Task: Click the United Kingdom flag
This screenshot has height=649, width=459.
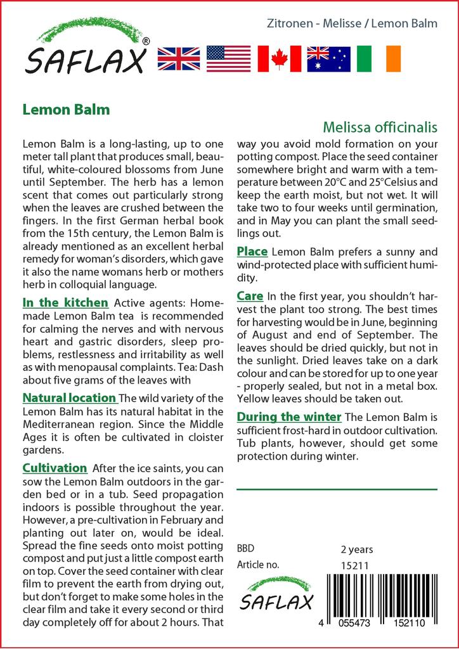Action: point(179,59)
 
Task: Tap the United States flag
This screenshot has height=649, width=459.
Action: point(228,59)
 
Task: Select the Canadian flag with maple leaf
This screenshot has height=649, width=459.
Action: point(279,59)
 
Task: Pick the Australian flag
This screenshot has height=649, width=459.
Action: point(328,59)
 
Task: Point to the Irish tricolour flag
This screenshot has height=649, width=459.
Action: point(379,59)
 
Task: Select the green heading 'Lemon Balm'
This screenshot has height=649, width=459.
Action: point(66,109)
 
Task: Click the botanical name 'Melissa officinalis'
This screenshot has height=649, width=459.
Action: point(380,127)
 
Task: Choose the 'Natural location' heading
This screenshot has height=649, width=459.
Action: point(69,398)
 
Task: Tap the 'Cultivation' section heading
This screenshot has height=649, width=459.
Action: point(55,468)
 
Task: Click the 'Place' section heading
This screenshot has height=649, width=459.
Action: point(252,252)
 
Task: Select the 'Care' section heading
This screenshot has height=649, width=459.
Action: point(250,296)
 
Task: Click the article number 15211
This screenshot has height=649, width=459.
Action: point(355,565)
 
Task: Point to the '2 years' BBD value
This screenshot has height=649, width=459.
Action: point(357,549)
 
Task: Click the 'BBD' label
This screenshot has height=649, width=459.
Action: point(245,549)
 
